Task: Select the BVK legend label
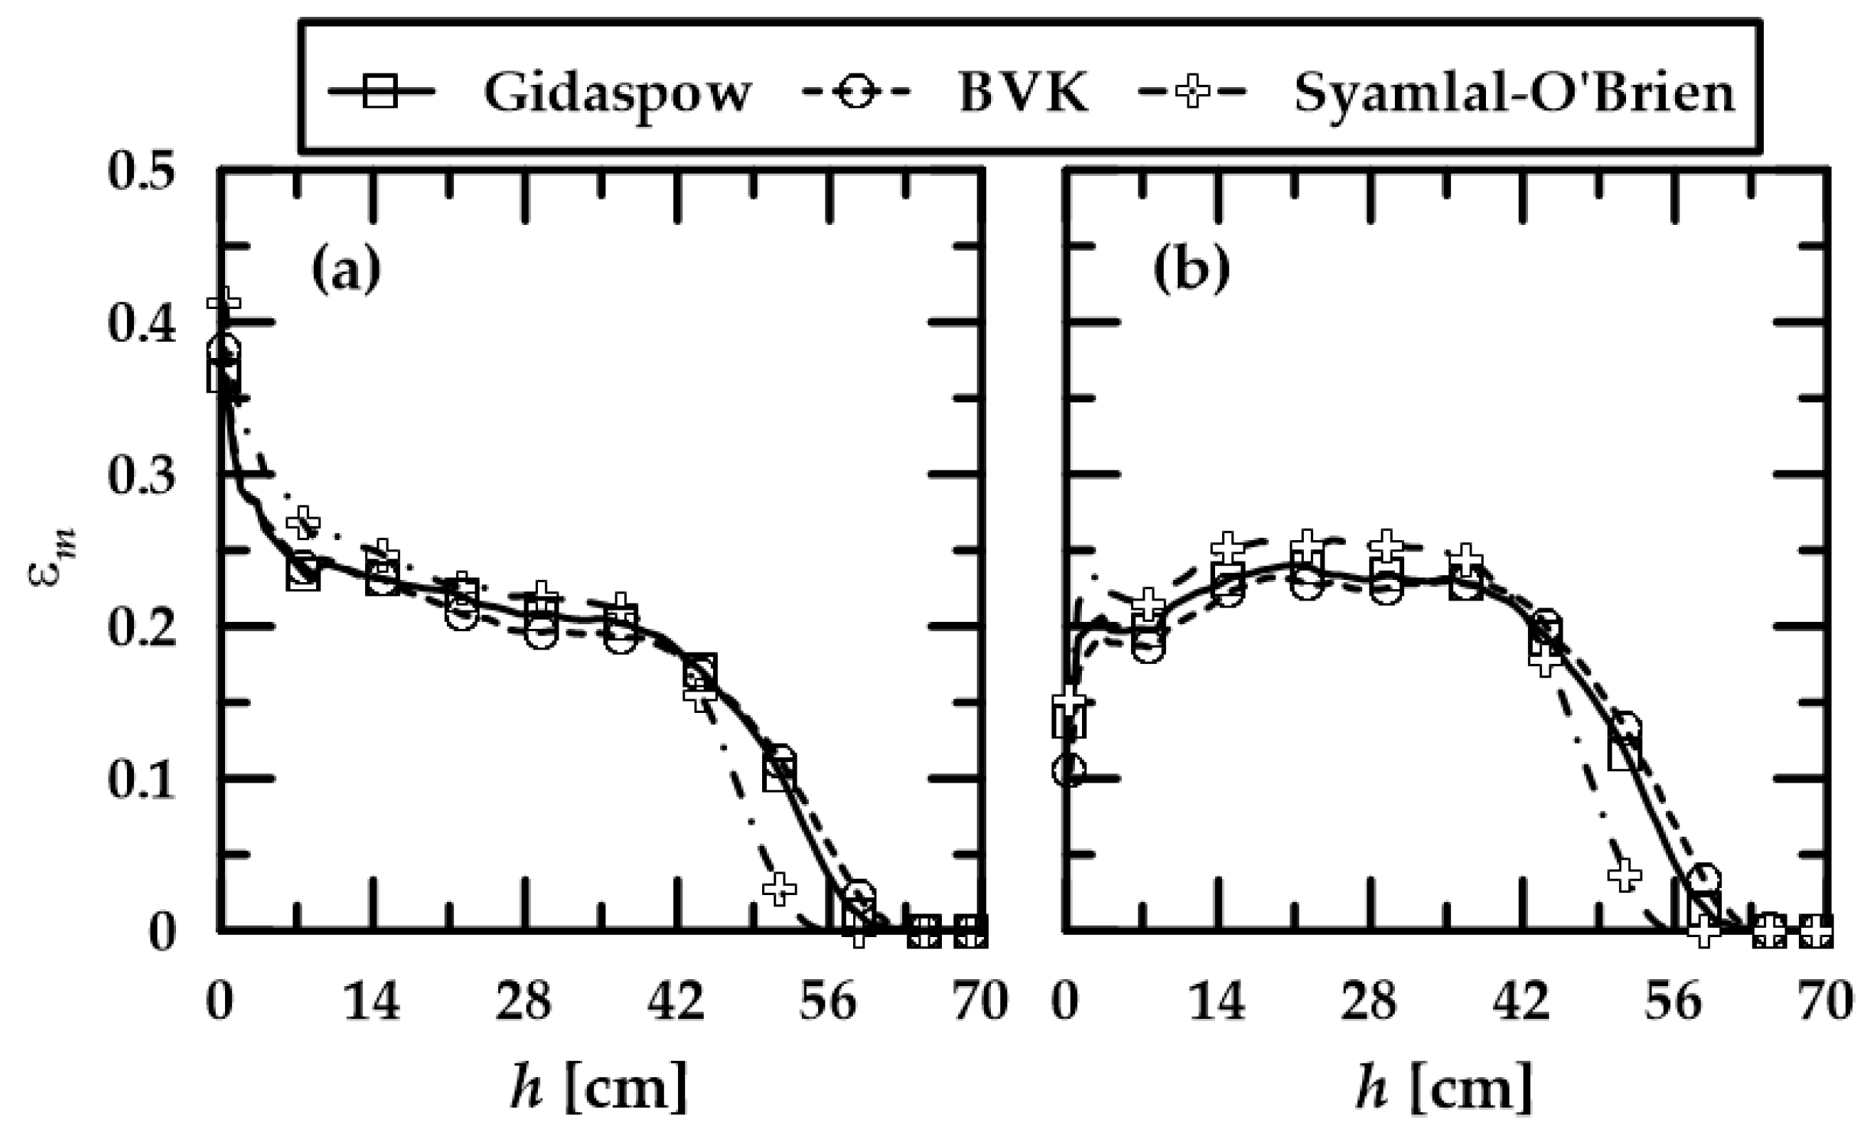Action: (1023, 93)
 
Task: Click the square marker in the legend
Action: (380, 92)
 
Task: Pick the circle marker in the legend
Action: (855, 92)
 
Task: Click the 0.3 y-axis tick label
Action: (141, 475)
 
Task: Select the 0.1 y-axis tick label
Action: (141, 780)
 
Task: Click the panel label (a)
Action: (346, 269)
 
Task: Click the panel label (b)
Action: (1191, 269)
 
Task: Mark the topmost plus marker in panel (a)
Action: (223, 300)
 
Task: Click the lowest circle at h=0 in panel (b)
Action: (1068, 770)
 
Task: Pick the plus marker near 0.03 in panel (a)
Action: (779, 888)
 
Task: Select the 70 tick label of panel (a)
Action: (980, 1001)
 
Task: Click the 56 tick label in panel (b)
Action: (1674, 1001)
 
